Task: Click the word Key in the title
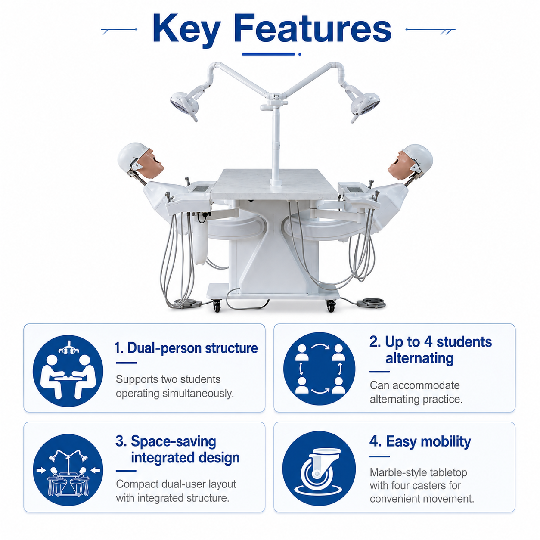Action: click(186, 30)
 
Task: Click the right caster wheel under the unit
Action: click(331, 306)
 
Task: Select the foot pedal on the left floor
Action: click(187, 303)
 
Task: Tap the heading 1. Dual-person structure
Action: click(186, 348)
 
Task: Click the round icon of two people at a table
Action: click(68, 371)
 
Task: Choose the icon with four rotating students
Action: click(319, 369)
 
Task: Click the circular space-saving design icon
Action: click(68, 470)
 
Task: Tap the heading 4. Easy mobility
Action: click(420, 441)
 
